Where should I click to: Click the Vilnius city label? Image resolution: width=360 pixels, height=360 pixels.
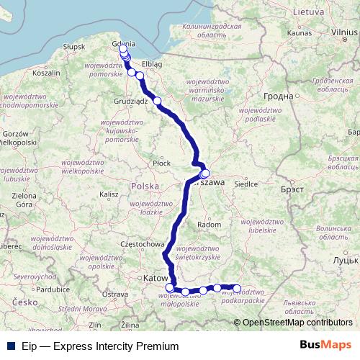pos(344,32)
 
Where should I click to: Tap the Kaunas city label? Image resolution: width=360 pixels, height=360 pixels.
pos(299,32)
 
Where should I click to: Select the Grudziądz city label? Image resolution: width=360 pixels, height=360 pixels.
pos(131,102)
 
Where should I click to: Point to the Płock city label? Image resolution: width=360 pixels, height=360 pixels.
pos(162,163)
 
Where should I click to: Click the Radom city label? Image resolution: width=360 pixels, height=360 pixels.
pos(209,225)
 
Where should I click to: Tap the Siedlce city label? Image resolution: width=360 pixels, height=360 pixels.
pos(246,184)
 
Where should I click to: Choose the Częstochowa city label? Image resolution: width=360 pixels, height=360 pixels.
pos(143,244)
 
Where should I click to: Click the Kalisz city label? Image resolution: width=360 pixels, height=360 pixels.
pos(109,194)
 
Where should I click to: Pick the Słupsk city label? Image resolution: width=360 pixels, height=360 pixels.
pos(74,47)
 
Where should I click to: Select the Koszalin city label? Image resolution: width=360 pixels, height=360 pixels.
pos(46,73)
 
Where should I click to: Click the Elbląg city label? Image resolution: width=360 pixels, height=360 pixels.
pos(152,64)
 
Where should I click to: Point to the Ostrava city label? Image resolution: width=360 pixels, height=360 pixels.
pos(114,294)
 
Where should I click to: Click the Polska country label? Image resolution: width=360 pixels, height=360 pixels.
pos(145,186)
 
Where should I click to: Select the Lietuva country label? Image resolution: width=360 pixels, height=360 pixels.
pos(308,12)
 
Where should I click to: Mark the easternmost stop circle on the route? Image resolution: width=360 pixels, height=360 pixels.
pos(236,289)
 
